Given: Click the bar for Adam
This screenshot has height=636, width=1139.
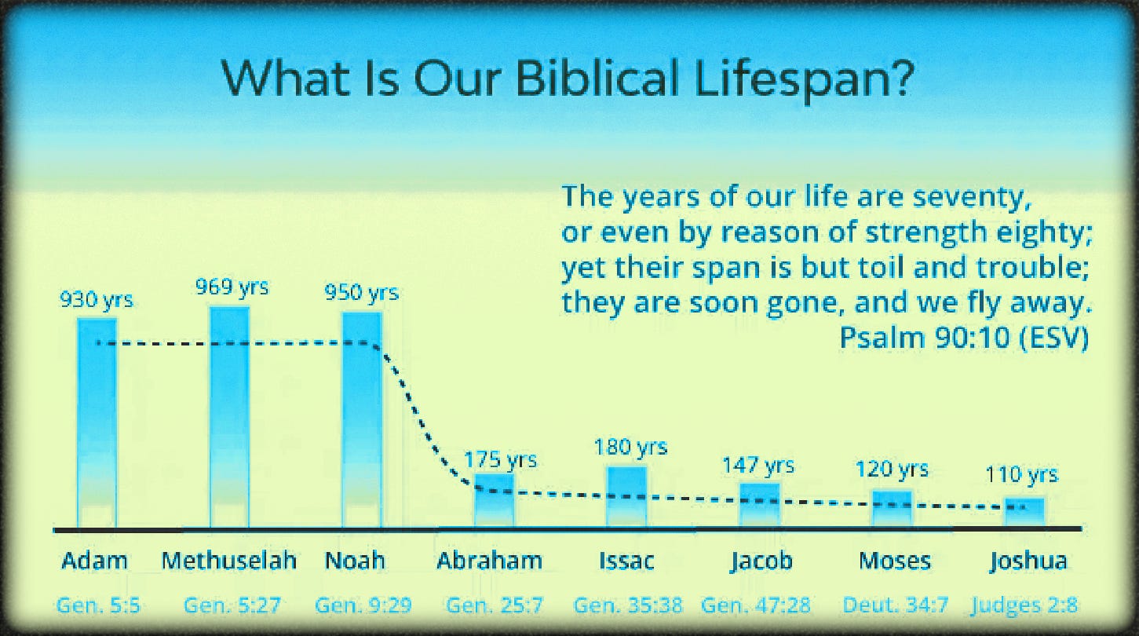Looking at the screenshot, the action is (x=97, y=423).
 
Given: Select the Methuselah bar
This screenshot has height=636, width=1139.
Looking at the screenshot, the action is (x=229, y=418).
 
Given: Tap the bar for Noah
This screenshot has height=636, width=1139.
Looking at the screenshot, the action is (x=362, y=420).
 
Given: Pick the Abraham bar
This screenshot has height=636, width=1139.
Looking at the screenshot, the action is (x=495, y=501).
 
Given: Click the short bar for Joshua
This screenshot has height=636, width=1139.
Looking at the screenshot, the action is (x=1024, y=514).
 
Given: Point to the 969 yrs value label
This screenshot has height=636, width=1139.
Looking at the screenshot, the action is (x=232, y=287).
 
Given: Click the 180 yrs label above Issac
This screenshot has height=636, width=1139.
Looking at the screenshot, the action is (x=630, y=448).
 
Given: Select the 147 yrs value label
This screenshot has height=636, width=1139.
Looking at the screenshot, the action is (x=758, y=465).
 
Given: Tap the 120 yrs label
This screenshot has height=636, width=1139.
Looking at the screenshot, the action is (x=892, y=469).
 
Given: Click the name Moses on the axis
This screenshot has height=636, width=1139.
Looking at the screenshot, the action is (x=895, y=561).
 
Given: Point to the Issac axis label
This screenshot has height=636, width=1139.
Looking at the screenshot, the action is (x=626, y=561).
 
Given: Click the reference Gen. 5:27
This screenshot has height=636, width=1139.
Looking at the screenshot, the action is (x=232, y=605).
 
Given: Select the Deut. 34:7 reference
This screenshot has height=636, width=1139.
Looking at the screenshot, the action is (x=896, y=605).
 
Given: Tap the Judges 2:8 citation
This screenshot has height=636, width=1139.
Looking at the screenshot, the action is (x=1024, y=606).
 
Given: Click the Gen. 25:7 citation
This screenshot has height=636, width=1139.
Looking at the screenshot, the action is (x=495, y=605).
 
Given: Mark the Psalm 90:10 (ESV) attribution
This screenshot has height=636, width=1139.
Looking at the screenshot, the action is (x=964, y=338).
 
